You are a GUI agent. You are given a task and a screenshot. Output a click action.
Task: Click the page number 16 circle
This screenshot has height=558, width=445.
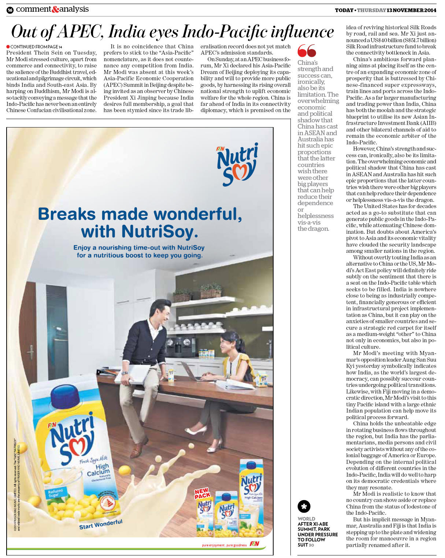pos(10,10)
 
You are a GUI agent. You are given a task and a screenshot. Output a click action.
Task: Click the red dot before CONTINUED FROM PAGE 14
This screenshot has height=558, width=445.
pos(8,47)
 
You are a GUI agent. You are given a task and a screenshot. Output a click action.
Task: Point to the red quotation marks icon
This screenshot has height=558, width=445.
pos(307,51)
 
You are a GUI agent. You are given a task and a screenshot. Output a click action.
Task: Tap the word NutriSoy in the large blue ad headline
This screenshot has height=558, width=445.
pos(159,232)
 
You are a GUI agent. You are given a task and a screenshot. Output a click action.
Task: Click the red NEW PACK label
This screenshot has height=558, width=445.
pos(202,493)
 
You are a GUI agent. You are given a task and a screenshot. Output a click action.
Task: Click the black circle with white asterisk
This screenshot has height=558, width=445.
pos(304,506)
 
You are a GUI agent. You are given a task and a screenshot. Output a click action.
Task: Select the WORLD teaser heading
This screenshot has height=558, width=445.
pos(306,518)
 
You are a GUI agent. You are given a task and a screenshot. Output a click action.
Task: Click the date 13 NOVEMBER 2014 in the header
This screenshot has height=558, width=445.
pos(411,10)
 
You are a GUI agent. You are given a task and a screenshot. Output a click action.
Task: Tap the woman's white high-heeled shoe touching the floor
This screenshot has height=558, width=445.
pos(195,431)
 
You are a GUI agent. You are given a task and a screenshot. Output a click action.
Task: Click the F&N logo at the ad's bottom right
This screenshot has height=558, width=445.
pos(254,543)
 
